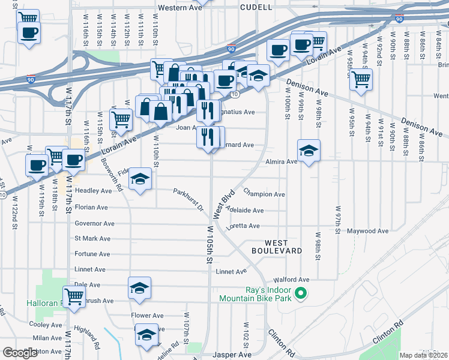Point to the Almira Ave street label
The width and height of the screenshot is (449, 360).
coord(281,161)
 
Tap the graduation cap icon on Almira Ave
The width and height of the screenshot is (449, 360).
coord(309,151)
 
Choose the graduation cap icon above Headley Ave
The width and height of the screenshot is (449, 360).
coord(140,179)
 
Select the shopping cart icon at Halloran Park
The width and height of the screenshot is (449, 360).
coord(74,296)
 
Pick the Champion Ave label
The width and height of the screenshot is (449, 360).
coord(264,194)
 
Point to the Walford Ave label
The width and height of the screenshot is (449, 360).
coord(291,280)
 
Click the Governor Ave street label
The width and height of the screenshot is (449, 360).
coord(94,223)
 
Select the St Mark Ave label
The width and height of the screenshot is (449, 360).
coord(92,238)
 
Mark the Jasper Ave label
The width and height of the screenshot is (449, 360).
coord(234,355)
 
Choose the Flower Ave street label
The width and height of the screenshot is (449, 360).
coord(147,316)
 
